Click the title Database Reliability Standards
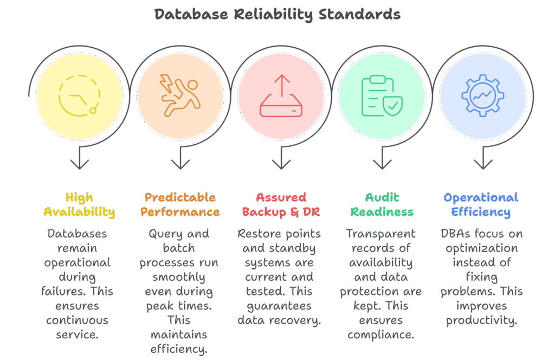277,14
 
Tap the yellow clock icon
79,95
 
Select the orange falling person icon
180,95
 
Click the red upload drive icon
281,97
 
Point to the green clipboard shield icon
382,96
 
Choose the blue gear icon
482,96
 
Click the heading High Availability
79,204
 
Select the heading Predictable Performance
180,204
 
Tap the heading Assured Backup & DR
281,204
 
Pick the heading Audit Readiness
382,204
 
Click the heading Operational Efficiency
481,204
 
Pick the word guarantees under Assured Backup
279,306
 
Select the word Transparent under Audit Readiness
381,234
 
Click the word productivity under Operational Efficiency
481,320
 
